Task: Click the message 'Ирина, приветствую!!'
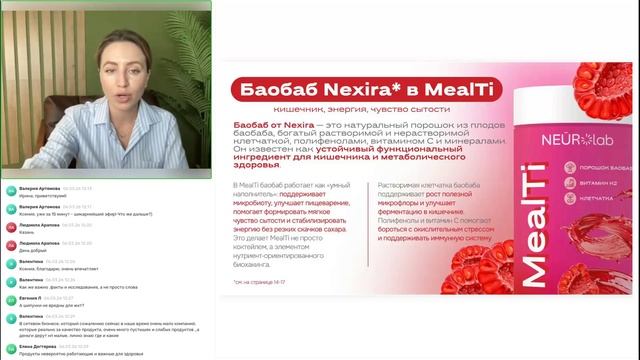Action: click(40, 194)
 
